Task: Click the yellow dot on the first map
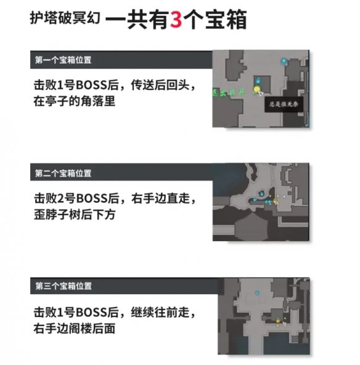257,90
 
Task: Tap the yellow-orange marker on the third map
280,320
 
